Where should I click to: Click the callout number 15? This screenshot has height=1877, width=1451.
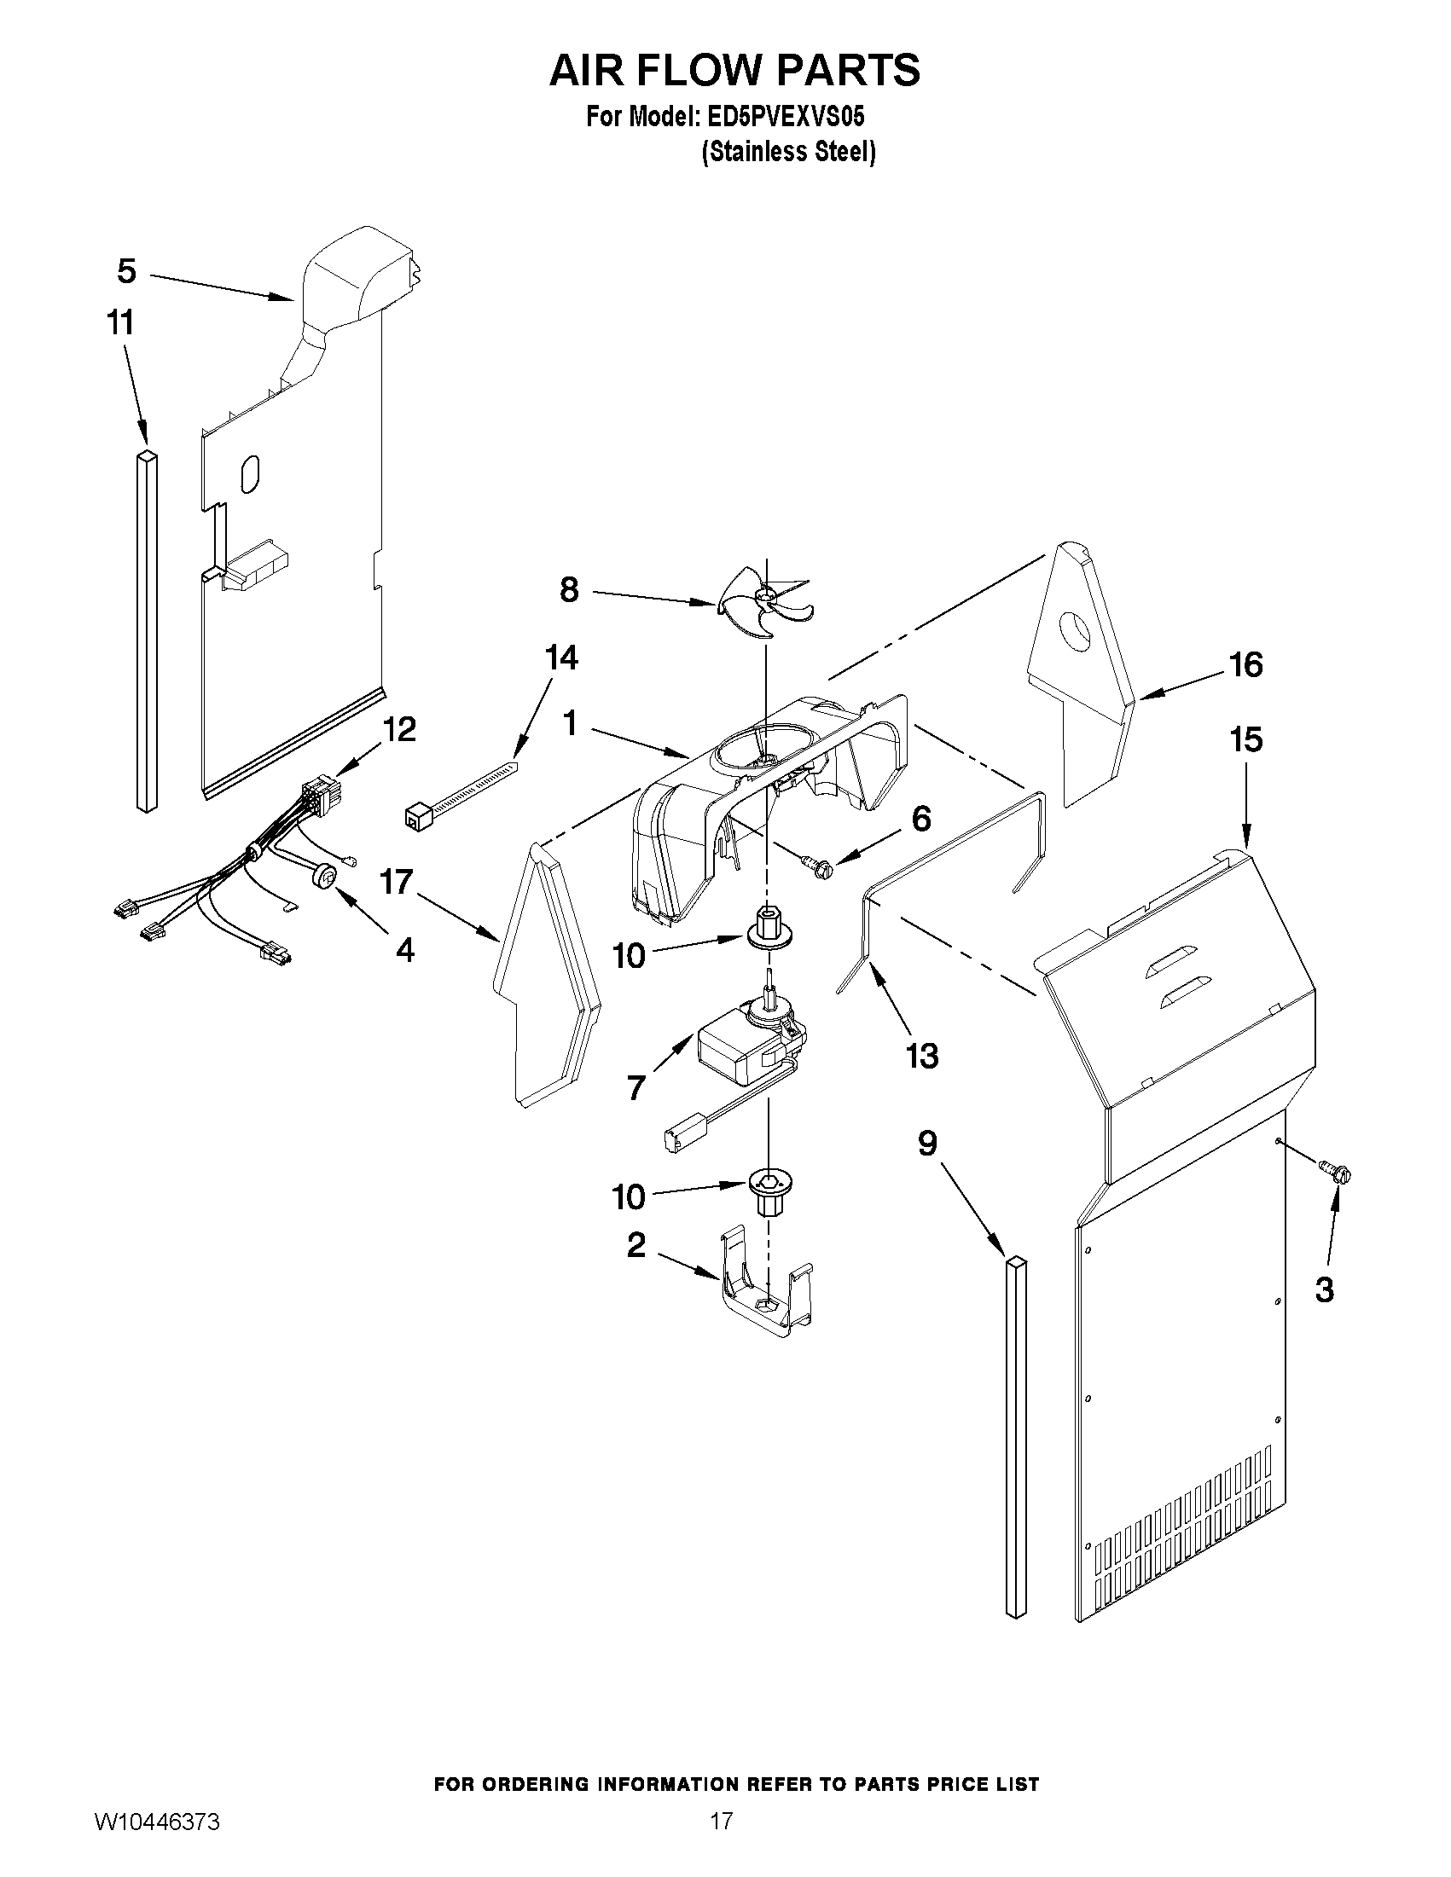[1245, 740]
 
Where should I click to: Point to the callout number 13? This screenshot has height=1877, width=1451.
[921, 1056]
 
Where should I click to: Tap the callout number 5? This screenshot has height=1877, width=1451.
[126, 271]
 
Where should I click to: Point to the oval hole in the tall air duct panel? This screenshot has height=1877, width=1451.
[250, 474]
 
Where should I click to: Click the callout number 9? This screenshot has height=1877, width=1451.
[927, 1144]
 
